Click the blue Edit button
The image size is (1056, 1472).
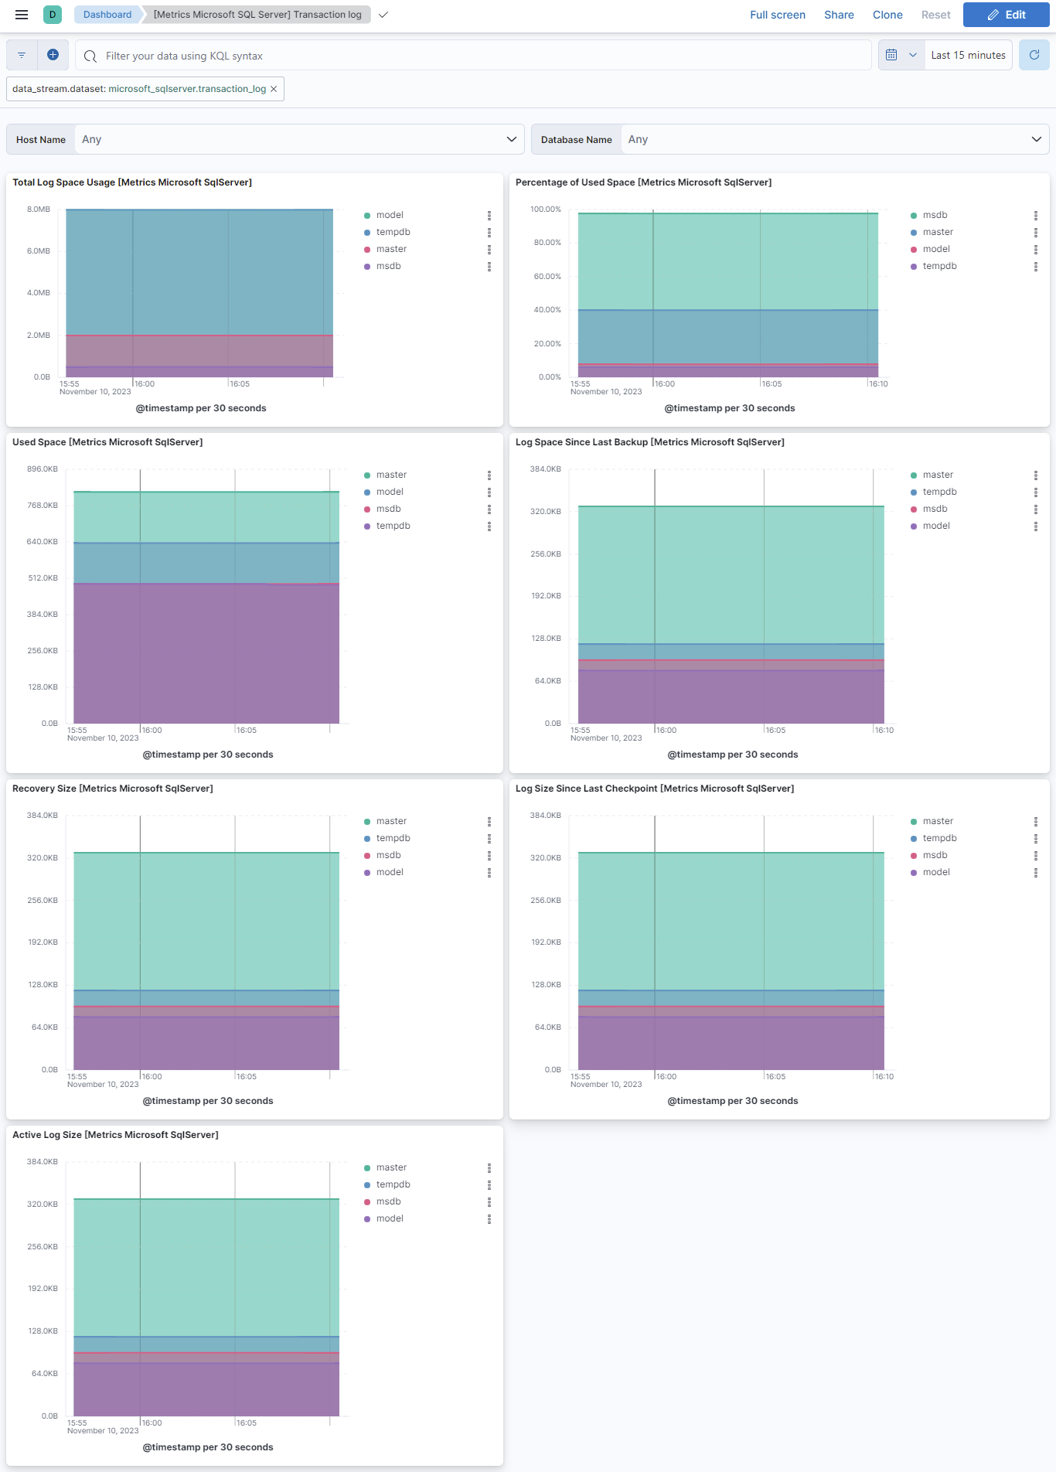(1006, 15)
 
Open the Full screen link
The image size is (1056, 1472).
(777, 15)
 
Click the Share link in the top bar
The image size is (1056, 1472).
(839, 15)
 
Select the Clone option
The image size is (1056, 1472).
(887, 15)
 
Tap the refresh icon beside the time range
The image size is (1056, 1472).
(1034, 55)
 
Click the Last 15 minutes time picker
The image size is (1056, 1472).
(968, 55)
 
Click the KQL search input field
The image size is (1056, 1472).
(479, 56)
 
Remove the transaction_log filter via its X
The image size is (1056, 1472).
(274, 89)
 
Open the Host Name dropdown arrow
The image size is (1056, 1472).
(511, 139)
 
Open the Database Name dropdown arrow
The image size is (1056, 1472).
(1036, 139)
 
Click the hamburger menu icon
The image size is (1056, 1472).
(22, 15)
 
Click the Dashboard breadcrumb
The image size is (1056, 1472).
(107, 15)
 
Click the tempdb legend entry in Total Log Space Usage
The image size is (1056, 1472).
(393, 232)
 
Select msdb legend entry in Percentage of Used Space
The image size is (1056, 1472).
(935, 215)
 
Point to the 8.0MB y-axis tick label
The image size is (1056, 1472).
(39, 210)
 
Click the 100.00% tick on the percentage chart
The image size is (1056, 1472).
(546, 210)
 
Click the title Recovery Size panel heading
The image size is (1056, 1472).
(113, 789)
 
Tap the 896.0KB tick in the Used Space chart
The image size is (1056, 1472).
(43, 469)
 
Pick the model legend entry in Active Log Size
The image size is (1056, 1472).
(390, 1218)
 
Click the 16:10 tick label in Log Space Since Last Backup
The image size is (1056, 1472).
(884, 731)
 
